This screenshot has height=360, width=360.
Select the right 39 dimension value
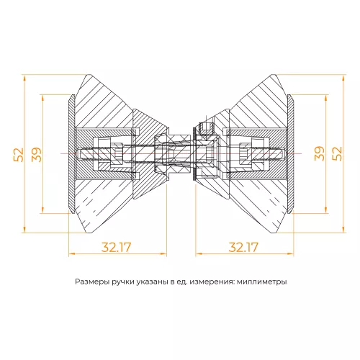(x=318, y=153)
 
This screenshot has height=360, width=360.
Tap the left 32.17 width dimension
(x=116, y=247)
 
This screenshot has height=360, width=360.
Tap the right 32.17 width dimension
(x=243, y=247)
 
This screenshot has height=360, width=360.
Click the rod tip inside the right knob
(x=283, y=153)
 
